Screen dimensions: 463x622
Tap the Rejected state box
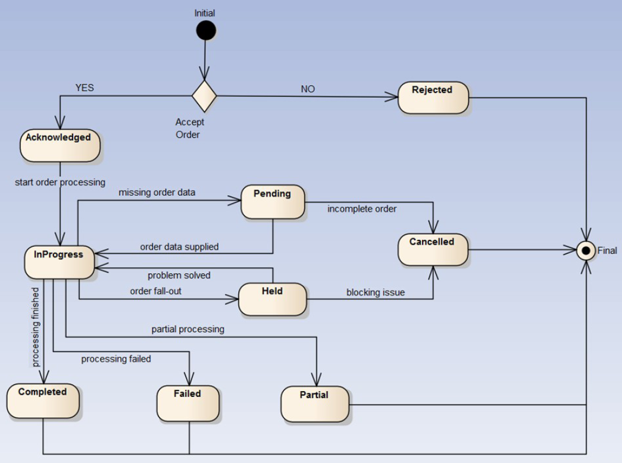(433, 98)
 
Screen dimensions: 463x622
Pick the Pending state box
(273, 202)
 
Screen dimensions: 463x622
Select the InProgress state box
(60, 262)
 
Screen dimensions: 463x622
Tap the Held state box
(273, 299)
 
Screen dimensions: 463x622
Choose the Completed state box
(43, 401)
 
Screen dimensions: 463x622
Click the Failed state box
(188, 403)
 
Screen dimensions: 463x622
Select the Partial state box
(315, 404)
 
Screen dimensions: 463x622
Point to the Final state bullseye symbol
(586, 251)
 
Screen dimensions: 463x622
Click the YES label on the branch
(85, 88)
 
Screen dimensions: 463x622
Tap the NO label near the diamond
(308, 89)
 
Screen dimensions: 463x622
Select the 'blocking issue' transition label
(376, 292)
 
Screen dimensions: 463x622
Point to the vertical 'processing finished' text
(36, 327)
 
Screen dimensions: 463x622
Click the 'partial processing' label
(187, 329)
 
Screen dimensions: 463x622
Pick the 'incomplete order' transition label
(362, 209)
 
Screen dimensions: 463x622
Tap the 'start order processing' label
(60, 182)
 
